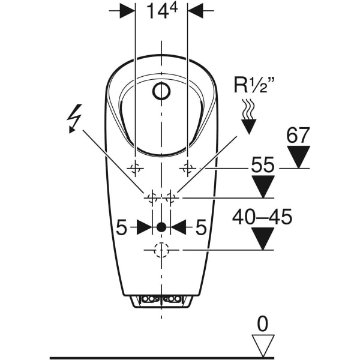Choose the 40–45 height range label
pos(263,217)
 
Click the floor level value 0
pos(262,325)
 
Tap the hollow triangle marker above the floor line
pos(262,347)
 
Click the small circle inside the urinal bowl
pos(161,92)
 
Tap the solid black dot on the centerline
pos(161,227)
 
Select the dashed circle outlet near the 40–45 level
pos(161,250)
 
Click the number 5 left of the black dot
pos(122,227)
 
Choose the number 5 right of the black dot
pos(200,227)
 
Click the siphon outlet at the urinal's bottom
pos(161,299)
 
